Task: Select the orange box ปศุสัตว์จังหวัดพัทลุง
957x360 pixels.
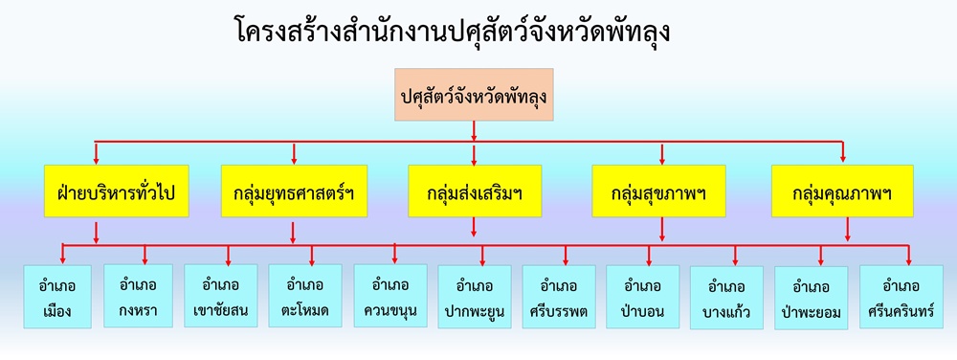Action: pyautogui.click(x=474, y=96)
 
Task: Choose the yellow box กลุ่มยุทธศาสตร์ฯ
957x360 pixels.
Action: pyautogui.click(x=293, y=191)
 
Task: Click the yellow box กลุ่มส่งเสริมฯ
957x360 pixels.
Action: pyautogui.click(x=475, y=191)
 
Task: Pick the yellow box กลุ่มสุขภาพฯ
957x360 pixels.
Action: pyautogui.click(x=657, y=191)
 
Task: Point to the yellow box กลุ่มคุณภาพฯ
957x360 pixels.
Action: pyautogui.click(x=842, y=191)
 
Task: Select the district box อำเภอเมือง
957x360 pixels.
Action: pyautogui.click(x=59, y=297)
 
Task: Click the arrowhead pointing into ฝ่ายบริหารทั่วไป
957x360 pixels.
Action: pyautogui.click(x=96, y=159)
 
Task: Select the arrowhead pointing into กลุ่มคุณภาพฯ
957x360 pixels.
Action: pyautogui.click(x=842, y=159)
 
